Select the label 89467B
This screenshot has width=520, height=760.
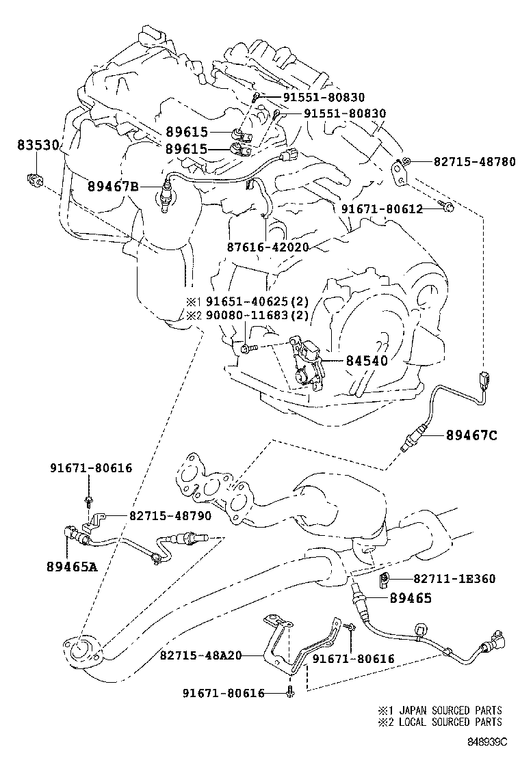click(x=113, y=185)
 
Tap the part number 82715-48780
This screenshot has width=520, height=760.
click(x=474, y=161)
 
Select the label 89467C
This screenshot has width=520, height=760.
click(x=471, y=435)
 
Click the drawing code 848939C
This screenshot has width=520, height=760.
click(x=487, y=741)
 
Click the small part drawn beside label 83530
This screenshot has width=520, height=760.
click(x=34, y=180)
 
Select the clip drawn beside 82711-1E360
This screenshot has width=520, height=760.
click(x=385, y=581)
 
